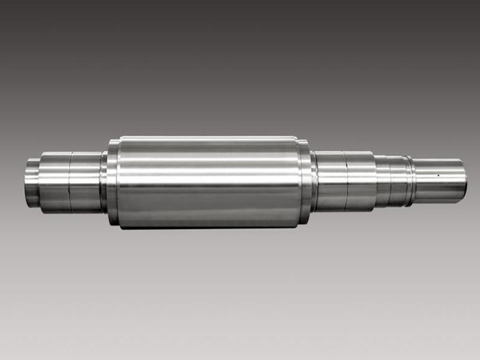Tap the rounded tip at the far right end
[464, 181]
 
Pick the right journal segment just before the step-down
[361, 180]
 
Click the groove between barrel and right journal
[313, 181]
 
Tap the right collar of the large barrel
[304, 181]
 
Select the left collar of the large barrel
[112, 181]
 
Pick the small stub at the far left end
[32, 182]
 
